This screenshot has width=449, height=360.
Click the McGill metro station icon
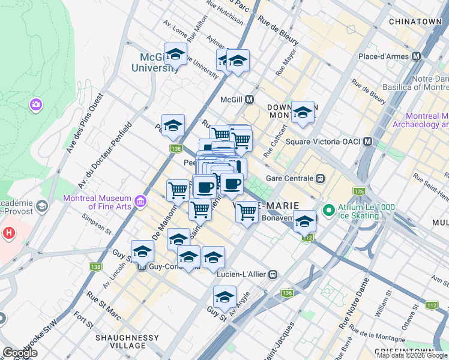click(248, 99)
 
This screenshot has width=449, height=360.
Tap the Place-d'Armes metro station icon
click(416, 56)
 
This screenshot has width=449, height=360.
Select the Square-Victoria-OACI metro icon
click(367, 142)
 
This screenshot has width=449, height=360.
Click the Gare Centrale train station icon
click(321, 178)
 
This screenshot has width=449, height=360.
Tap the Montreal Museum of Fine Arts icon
click(141, 200)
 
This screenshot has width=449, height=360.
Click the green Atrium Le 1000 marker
click(328, 211)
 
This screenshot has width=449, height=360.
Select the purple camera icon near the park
click(36, 105)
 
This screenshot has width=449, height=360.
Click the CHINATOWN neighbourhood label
click(415, 22)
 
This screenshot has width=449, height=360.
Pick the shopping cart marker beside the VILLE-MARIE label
click(247, 211)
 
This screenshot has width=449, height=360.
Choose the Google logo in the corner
click(20, 353)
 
